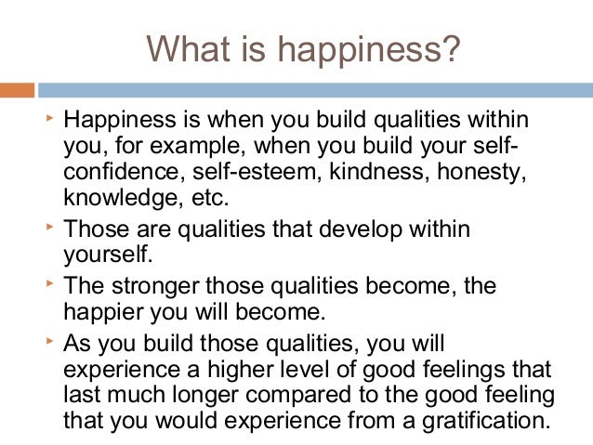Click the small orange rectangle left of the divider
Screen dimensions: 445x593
click(17, 91)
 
